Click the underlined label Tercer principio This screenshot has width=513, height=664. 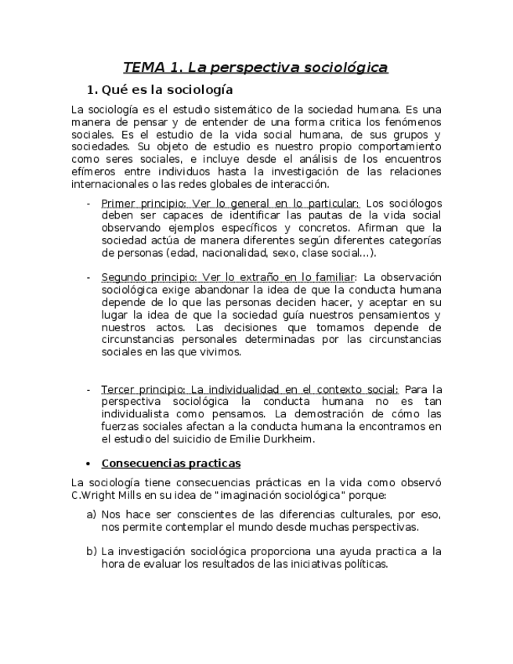pyautogui.click(x=138, y=389)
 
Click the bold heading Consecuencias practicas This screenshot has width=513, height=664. pyautogui.click(x=171, y=463)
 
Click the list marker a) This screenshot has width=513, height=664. pyautogui.click(x=91, y=514)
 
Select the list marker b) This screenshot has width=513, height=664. pyautogui.click(x=91, y=551)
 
